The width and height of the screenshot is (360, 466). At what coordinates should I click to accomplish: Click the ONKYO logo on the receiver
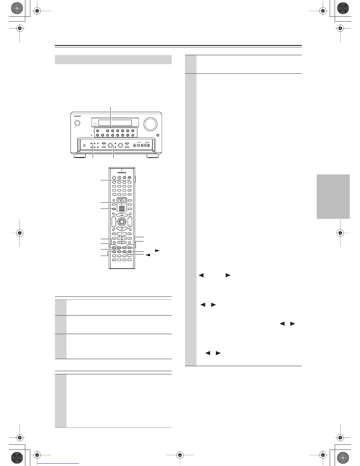[77, 116]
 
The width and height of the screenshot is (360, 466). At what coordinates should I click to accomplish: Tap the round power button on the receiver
[77, 124]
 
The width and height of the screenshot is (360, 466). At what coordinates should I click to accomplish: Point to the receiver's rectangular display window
[115, 123]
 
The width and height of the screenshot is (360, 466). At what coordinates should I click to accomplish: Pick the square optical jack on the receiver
[134, 145]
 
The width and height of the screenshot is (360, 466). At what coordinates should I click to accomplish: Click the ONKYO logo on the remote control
[121, 173]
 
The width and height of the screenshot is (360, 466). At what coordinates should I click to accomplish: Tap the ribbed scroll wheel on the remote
[121, 208]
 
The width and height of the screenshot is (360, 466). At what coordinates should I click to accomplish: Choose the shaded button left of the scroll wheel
[114, 209]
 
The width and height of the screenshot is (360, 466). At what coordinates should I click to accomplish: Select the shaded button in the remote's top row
[129, 178]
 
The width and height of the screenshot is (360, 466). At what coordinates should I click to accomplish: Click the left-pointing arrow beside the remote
[148, 255]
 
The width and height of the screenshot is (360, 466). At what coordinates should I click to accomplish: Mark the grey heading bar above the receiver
[113, 59]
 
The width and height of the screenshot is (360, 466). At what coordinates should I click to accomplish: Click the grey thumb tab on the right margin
[333, 197]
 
